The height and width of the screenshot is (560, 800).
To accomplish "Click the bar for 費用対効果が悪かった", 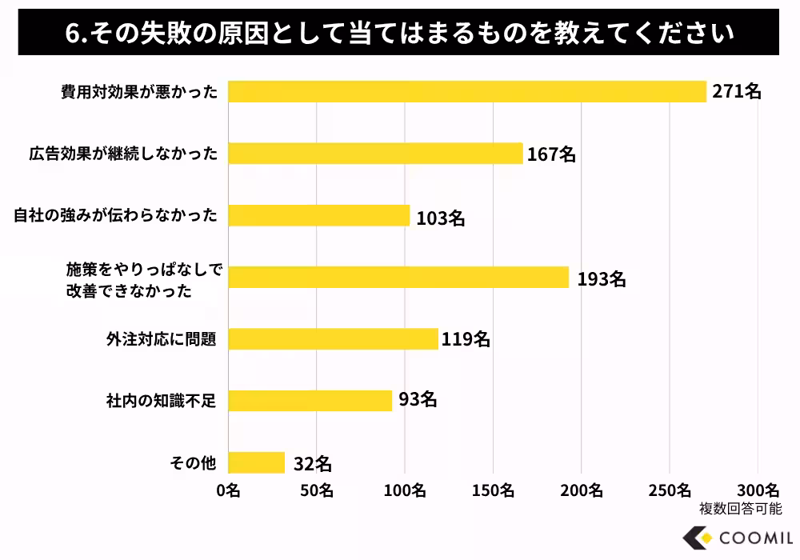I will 467,91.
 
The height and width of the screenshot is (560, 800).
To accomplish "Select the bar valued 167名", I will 375,154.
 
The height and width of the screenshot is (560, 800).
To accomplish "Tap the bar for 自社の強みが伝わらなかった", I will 319,216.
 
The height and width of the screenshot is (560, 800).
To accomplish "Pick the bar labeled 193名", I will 398,278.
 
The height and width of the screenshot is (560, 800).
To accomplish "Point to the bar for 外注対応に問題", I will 333,339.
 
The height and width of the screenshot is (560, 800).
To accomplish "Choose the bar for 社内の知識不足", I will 310,400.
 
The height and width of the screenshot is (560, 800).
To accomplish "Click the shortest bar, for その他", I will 256,462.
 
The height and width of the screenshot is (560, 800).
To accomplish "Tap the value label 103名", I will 440,217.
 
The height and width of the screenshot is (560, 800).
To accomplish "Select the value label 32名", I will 313,463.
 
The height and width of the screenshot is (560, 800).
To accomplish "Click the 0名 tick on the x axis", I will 228,489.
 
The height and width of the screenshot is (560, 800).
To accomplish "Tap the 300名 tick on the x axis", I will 757,489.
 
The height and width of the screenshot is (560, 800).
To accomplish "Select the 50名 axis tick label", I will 317,489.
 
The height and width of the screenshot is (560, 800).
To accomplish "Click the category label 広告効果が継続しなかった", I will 122,154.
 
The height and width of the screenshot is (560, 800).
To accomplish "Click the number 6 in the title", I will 72,34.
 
